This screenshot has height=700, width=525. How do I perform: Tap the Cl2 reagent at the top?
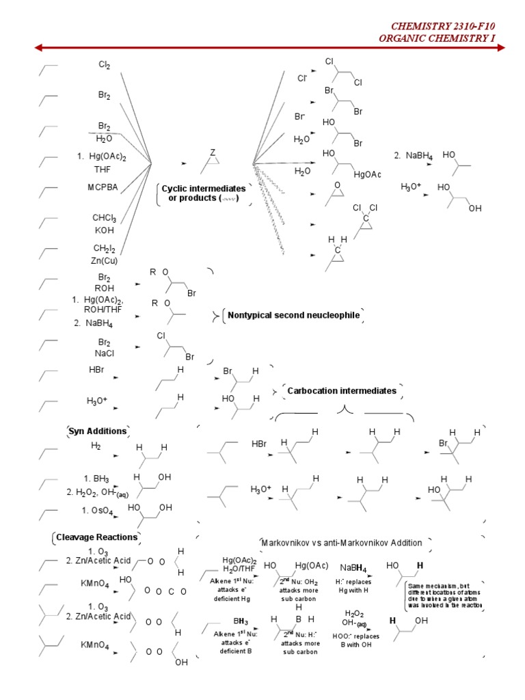pyautogui.click(x=104, y=65)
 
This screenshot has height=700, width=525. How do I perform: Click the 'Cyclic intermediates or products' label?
pyautogui.click(x=202, y=193)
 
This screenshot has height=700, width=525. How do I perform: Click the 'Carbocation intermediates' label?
pyautogui.click(x=342, y=390)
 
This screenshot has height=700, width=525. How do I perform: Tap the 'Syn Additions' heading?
pyautogui.click(x=98, y=431)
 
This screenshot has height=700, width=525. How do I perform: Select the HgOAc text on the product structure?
pyautogui.click(x=368, y=175)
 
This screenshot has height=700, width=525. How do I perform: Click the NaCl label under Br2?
pyautogui.click(x=104, y=354)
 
